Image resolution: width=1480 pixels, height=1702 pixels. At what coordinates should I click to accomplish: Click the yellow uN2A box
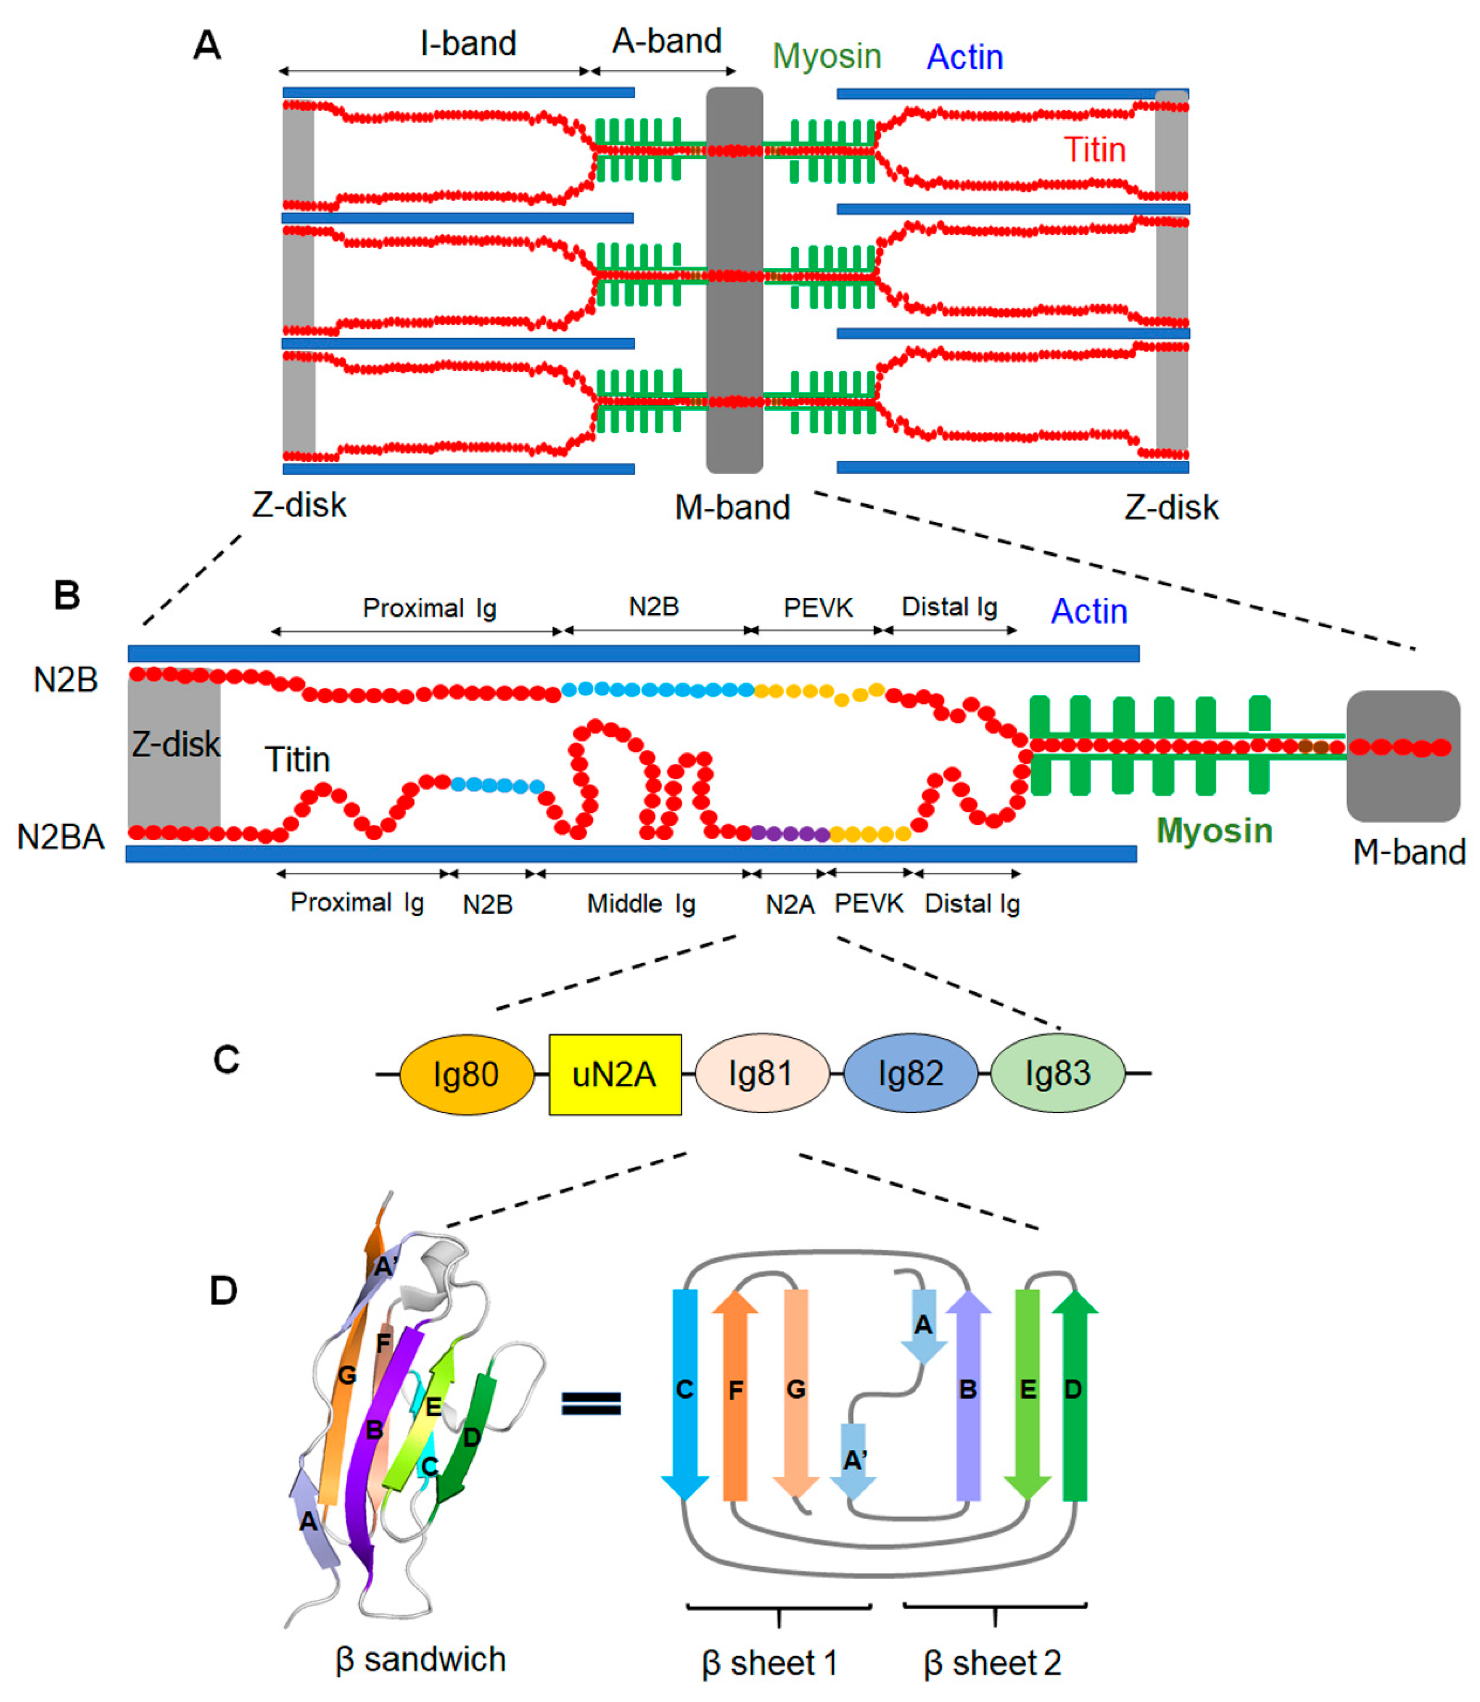[615, 1075]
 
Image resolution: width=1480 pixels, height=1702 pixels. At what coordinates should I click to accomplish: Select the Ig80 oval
[467, 1075]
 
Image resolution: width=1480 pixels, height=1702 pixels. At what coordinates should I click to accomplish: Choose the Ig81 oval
[761, 1074]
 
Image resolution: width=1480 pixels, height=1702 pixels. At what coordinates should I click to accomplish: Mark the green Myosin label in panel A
[827, 56]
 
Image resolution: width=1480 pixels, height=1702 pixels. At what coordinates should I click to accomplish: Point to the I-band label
[468, 43]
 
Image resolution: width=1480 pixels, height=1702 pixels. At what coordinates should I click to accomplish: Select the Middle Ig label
[641, 903]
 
